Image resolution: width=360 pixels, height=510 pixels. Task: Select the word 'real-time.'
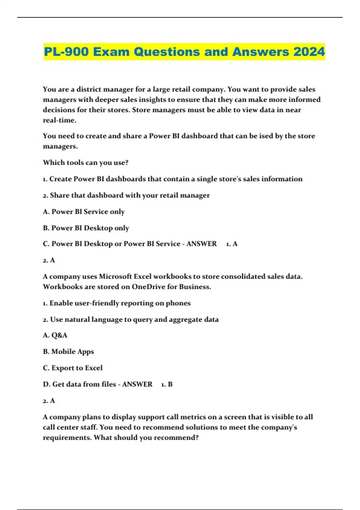(60, 120)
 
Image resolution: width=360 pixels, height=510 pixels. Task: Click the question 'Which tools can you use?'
(85, 163)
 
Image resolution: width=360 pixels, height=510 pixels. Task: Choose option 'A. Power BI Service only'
(84, 211)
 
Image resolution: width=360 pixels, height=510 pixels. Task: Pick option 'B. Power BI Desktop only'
(86, 228)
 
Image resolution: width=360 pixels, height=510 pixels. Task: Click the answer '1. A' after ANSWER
(232, 244)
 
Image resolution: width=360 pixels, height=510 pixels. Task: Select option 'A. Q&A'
(55, 335)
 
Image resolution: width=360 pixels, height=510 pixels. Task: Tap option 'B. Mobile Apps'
(68, 352)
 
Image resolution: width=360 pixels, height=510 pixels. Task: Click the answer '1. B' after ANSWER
(167, 384)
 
